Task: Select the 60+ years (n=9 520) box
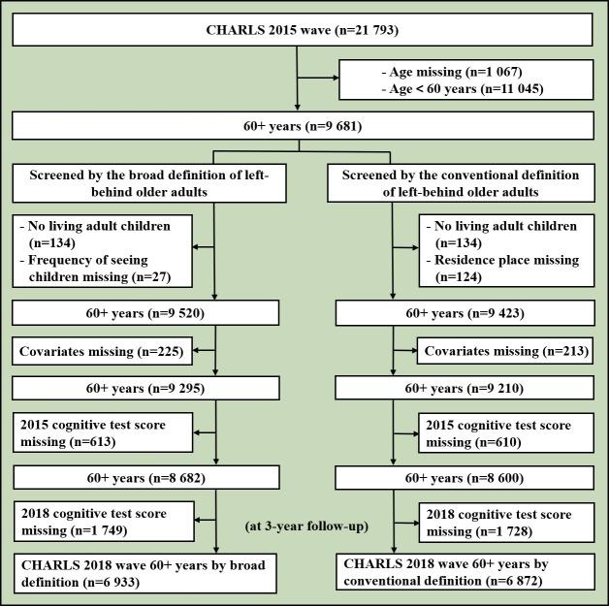pos(146,313)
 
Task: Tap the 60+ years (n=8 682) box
pos(146,478)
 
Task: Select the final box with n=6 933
pos(145,571)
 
